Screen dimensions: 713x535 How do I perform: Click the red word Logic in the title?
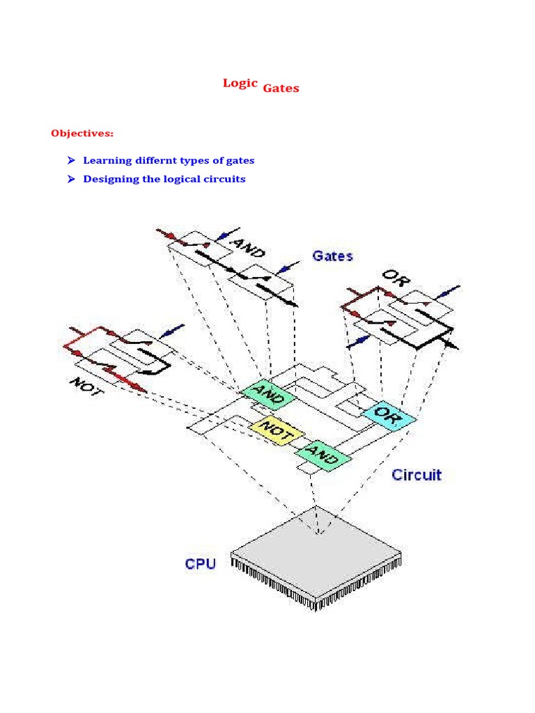click(x=240, y=83)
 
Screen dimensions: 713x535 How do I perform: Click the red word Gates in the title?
click(x=281, y=88)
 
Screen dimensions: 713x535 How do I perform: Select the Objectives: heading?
click(x=82, y=133)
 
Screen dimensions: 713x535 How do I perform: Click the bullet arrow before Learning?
click(x=71, y=160)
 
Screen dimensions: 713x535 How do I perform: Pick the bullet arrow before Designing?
click(x=71, y=179)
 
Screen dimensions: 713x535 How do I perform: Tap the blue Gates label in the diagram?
click(x=332, y=256)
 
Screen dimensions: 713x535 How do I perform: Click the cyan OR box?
click(x=389, y=414)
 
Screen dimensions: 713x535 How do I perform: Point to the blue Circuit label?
click(x=416, y=475)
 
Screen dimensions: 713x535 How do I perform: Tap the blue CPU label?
click(x=200, y=563)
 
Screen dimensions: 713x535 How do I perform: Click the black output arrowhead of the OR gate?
click(x=454, y=345)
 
